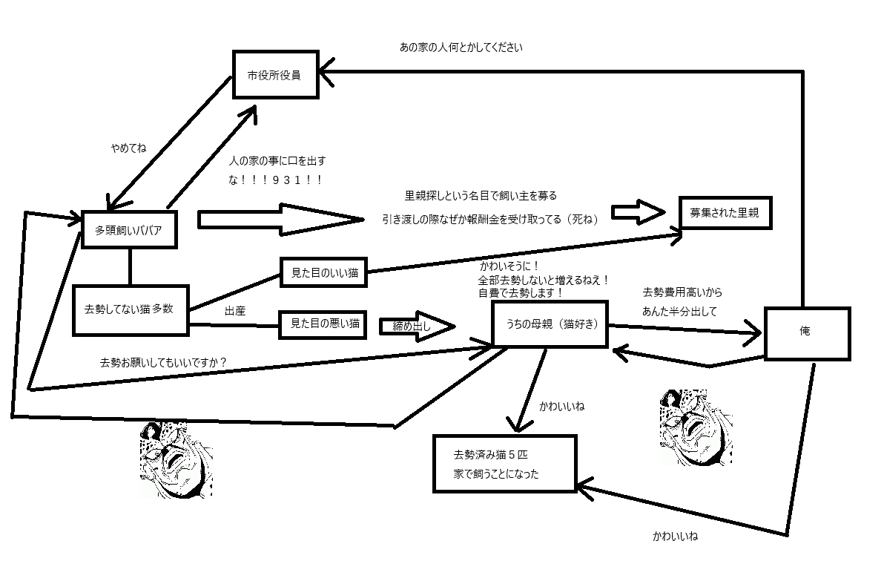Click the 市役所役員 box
click(276, 74)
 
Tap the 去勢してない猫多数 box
click(131, 309)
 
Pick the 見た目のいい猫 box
click(324, 274)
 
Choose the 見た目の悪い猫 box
click(324, 323)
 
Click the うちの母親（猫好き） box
click(551, 324)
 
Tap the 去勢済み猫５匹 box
click(505, 463)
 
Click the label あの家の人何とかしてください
click(461, 47)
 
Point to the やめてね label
click(128, 148)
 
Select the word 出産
click(234, 312)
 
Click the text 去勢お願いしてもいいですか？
click(163, 363)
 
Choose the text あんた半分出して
click(679, 312)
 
